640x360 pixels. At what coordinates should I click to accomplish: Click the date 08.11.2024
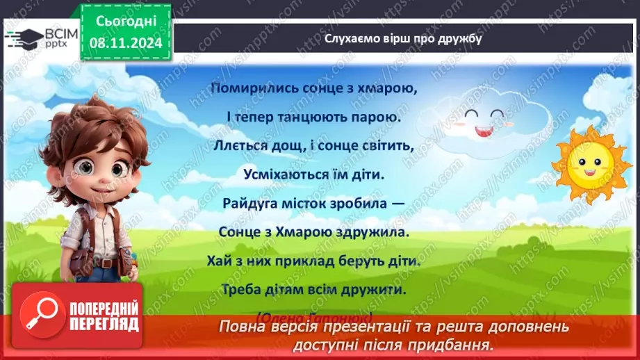pos(125,43)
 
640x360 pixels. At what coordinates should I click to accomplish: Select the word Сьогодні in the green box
pos(125,22)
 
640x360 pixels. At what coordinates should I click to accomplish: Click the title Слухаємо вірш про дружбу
pos(403,39)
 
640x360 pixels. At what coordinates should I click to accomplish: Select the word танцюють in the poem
pos(313,117)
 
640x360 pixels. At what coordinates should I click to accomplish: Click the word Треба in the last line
pos(243,289)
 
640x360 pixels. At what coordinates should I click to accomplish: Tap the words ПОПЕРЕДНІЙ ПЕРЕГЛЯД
pos(103,316)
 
